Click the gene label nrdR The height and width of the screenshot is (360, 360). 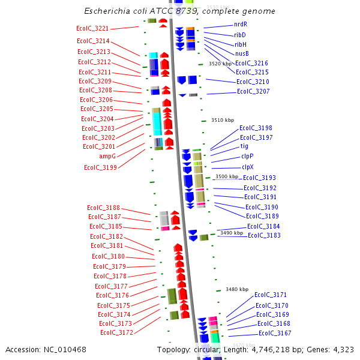point(241,25)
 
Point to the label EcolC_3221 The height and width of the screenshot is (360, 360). point(93,29)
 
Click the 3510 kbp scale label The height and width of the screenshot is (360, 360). point(221,120)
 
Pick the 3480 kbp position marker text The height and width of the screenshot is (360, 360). point(236,289)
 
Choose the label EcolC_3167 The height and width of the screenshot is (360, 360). point(275,333)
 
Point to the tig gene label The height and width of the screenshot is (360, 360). point(244,146)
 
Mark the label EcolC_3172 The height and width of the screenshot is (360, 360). point(116,332)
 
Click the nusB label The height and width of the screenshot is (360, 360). point(242,53)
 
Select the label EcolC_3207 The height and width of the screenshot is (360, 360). point(253,92)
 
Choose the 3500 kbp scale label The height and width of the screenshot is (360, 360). point(227,176)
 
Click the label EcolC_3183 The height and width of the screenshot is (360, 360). point(264,235)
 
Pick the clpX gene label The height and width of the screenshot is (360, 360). point(247,167)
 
